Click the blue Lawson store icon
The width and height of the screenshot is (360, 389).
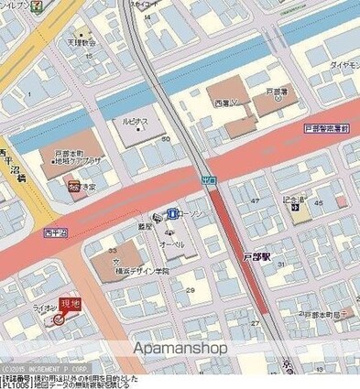[171, 213]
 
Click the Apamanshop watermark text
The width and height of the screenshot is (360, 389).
[180, 349]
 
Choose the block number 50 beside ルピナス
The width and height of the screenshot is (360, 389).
[166, 137]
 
